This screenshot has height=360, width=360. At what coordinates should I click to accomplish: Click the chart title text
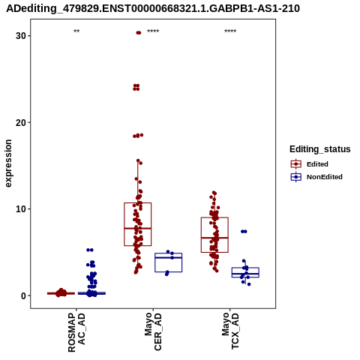point(153,8)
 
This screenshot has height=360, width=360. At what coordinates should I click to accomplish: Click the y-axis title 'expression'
point(8,163)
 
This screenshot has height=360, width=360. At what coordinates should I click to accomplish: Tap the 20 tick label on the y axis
point(21,122)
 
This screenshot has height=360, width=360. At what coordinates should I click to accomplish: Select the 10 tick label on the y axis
point(21,209)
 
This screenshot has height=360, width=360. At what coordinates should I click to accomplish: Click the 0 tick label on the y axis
point(24,295)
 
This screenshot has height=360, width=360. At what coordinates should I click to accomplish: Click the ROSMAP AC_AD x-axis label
point(76,332)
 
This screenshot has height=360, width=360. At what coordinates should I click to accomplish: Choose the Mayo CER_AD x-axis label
point(153,331)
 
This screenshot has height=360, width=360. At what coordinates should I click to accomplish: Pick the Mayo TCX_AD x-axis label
point(230,331)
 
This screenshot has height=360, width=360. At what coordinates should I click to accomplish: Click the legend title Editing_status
point(320,149)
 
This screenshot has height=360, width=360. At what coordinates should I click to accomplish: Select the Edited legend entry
point(309,164)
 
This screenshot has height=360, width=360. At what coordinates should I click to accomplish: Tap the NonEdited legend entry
point(316,177)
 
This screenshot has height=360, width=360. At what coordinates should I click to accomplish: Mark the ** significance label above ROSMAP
point(76,31)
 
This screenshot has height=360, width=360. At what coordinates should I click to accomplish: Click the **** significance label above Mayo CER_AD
point(153,31)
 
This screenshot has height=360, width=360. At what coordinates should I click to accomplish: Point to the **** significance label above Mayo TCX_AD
point(230,31)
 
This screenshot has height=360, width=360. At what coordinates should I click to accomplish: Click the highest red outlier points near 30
point(139,33)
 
